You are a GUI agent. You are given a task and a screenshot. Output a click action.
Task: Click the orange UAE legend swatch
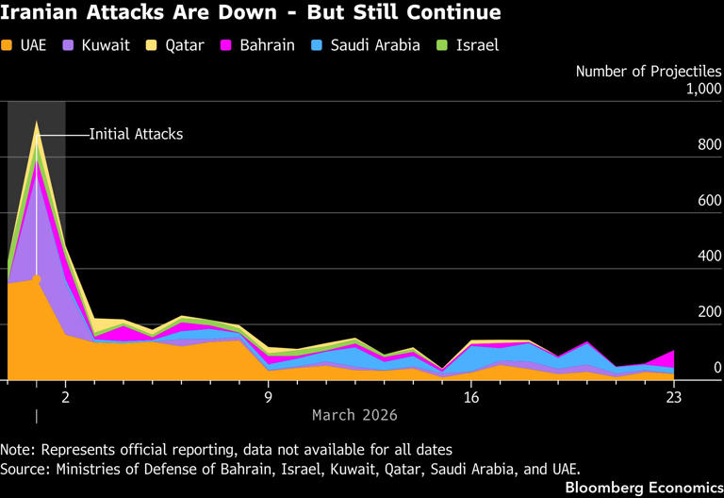click(x=8, y=45)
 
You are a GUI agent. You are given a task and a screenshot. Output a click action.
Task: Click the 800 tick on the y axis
click(x=707, y=146)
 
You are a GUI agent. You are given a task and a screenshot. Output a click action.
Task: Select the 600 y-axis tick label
click(x=707, y=201)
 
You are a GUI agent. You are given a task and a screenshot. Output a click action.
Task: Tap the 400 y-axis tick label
click(x=707, y=257)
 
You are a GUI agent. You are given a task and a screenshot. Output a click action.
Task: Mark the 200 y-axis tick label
click(x=707, y=312)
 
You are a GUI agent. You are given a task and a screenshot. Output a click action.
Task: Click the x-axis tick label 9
click(x=268, y=398)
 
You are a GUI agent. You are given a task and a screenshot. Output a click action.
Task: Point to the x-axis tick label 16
click(x=471, y=398)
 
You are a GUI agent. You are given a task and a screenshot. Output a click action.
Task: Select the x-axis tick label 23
click(x=674, y=398)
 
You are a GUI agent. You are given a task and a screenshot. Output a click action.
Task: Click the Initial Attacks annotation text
click(x=136, y=134)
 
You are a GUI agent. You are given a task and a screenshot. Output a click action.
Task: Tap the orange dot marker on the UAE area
click(x=37, y=278)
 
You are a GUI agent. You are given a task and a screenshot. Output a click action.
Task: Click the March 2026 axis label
click(x=354, y=415)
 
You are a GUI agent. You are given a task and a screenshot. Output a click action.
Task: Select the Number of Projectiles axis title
click(x=649, y=71)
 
